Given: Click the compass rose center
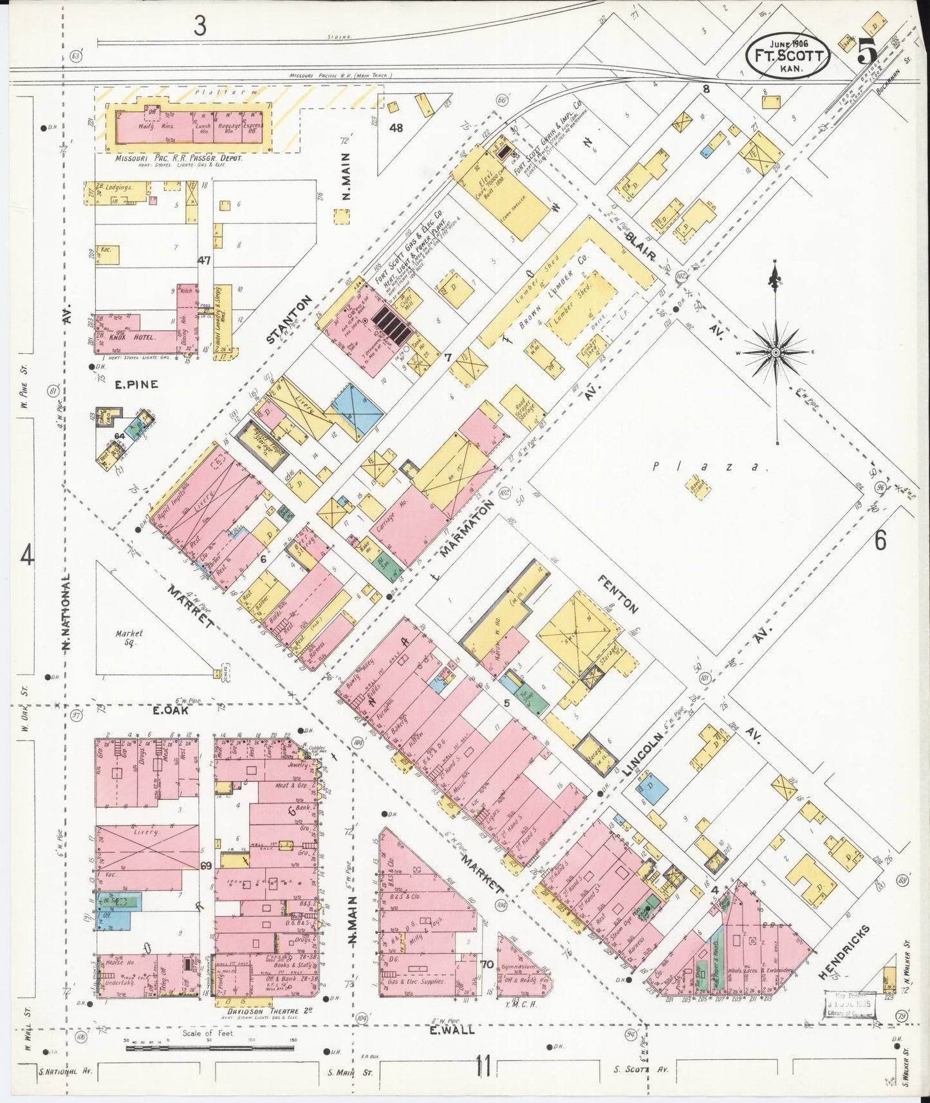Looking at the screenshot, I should pyautogui.click(x=777, y=353).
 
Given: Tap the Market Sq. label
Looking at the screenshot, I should pyautogui.click(x=129, y=638).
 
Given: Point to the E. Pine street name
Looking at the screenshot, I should pyautogui.click(x=127, y=385).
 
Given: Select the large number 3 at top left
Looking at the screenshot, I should pyautogui.click(x=201, y=26).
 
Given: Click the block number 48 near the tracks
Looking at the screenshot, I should pyautogui.click(x=396, y=128).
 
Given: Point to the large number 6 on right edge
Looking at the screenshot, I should pyautogui.click(x=880, y=541).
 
